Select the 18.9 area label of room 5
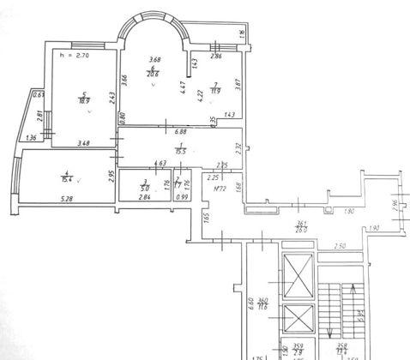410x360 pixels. tap(83, 100)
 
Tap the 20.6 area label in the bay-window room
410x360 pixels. tap(151, 75)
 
